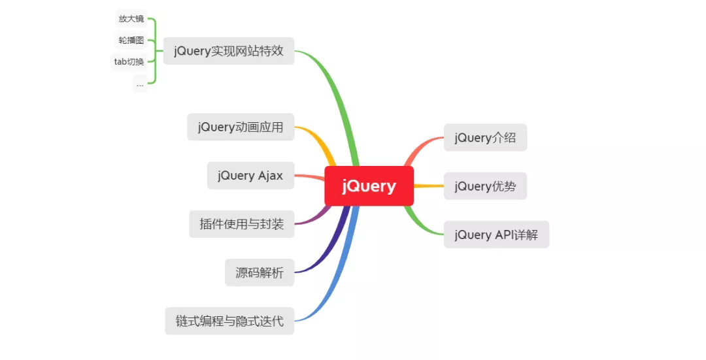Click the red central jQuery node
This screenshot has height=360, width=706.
tap(369, 186)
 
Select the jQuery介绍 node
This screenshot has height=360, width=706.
tap(485, 138)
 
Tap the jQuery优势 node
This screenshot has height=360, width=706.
tap(485, 186)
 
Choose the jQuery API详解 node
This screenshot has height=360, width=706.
tap(496, 235)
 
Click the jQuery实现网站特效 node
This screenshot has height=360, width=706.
tap(229, 51)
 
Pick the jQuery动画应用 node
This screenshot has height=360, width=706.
tap(241, 127)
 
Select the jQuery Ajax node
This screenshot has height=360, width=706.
tap(250, 176)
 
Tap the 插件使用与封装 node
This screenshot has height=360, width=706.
tap(241, 224)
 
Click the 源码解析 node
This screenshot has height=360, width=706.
tap(260, 272)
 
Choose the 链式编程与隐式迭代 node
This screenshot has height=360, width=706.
tap(229, 321)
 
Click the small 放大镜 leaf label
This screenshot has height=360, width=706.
tap(131, 18)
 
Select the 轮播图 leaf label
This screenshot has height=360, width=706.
tap(131, 40)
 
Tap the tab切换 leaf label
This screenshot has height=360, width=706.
tap(129, 61)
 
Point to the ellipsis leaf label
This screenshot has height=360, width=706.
tap(140, 84)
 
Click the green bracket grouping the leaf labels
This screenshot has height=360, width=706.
tap(155, 51)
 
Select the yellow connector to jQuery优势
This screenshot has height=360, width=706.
tap(429, 186)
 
